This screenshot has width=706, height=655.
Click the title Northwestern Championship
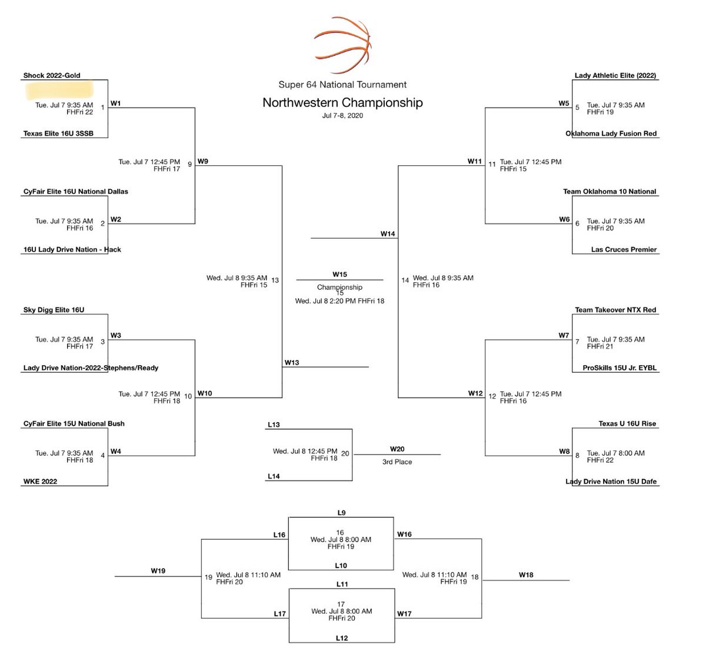point(342,103)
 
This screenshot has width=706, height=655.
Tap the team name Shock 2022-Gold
point(52,75)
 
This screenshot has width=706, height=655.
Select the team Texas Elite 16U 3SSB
point(58,133)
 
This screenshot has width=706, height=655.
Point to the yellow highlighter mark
point(59,89)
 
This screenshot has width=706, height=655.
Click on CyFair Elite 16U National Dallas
point(75,191)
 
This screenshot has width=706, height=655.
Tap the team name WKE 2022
point(40,482)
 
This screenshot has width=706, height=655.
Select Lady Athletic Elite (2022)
point(615,75)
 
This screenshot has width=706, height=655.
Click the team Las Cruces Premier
point(624,249)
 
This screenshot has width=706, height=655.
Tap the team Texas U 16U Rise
point(627,423)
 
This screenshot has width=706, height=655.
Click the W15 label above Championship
point(339,275)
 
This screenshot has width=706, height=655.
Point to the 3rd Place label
point(397,462)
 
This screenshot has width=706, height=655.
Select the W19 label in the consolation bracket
point(158,571)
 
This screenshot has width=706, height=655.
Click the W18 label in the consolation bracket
point(526,574)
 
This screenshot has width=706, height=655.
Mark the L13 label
point(274,425)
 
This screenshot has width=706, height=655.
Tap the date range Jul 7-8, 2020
point(342,116)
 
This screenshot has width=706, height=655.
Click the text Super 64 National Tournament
point(342,85)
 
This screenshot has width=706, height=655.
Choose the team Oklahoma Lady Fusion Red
point(611,133)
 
